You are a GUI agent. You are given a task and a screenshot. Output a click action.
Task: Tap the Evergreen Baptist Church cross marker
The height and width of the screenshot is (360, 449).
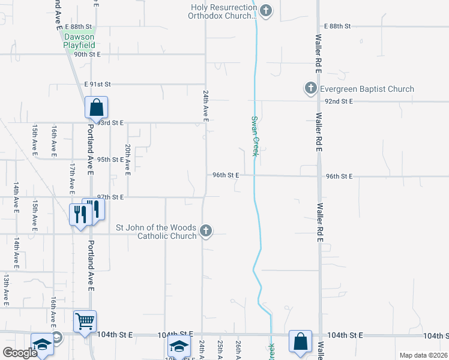pos(310,89)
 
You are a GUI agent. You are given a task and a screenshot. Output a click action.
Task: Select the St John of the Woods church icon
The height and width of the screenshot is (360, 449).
pos(206,231)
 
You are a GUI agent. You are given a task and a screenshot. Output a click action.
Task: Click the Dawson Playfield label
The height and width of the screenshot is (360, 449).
pos(79,40)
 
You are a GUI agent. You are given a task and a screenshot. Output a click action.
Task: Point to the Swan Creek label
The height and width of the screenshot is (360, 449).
pos(255,136)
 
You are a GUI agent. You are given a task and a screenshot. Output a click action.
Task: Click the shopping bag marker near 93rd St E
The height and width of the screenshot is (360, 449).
pos(96,109)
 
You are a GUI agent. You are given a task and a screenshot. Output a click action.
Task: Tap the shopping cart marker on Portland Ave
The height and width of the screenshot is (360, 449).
pos(85,321)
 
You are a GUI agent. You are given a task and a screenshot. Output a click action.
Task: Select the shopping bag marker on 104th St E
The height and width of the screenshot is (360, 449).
pos(300,341)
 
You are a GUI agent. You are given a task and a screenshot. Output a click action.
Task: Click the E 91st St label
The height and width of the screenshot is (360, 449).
pos(98,85)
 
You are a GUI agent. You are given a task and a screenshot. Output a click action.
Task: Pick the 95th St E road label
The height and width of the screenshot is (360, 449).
pos(110,160)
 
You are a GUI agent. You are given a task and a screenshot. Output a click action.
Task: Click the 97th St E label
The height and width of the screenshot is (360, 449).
pos(110,197)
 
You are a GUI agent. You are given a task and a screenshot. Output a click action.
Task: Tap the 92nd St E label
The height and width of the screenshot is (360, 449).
pos(339,101)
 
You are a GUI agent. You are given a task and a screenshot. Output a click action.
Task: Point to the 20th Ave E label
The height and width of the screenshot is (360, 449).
pos(128,160)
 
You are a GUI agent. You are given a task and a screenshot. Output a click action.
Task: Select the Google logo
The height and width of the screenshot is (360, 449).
pos(19,353)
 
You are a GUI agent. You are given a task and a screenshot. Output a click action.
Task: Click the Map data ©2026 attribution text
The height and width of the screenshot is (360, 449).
pos(423,355)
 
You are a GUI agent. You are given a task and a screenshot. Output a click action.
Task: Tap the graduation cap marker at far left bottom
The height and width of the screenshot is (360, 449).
pos(42,345)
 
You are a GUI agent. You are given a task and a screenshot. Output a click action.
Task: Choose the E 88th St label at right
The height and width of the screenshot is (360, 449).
pos(337,26)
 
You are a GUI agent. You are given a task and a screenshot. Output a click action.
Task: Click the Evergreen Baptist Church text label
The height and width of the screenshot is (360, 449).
pos(366,89)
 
